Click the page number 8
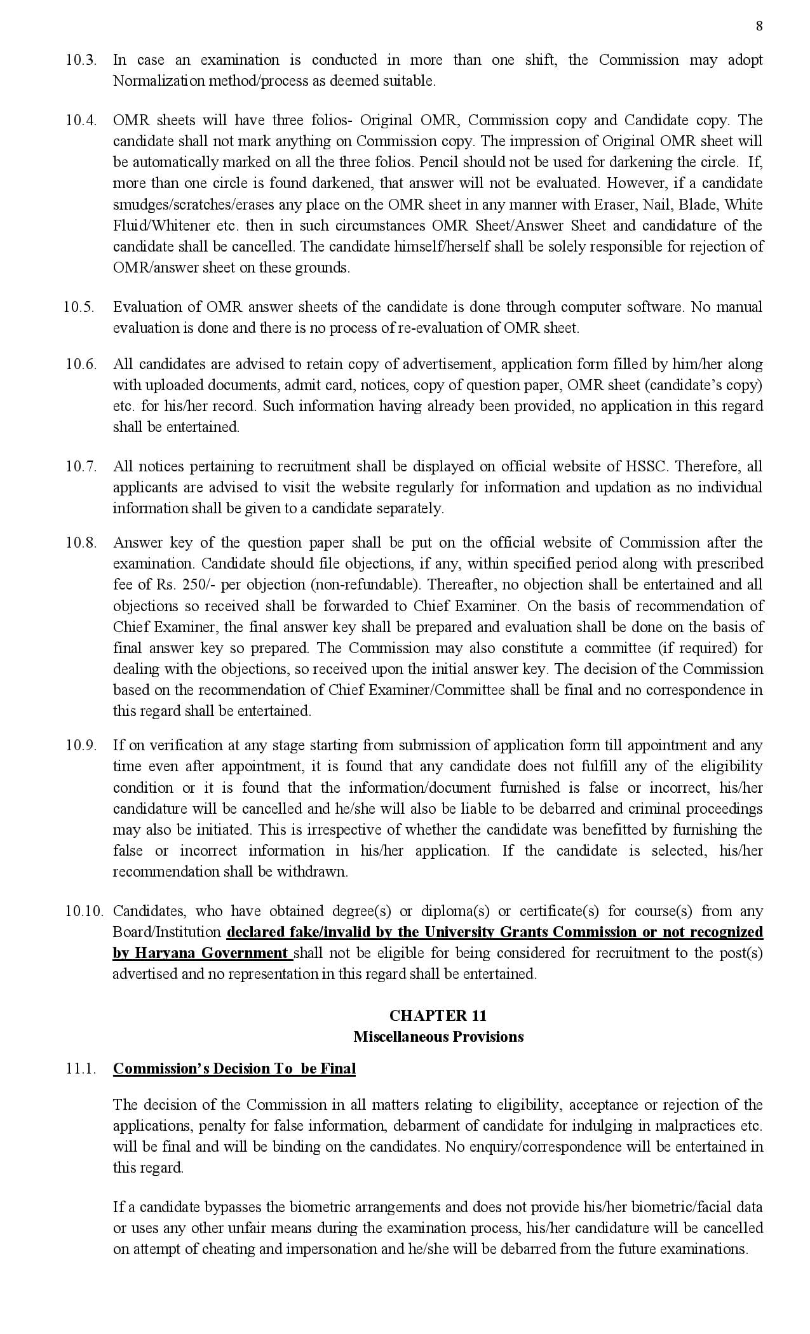(x=759, y=26)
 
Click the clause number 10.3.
(x=81, y=60)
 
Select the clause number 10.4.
(x=81, y=121)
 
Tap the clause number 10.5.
(x=79, y=307)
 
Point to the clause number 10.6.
(x=81, y=365)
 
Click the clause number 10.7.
(x=81, y=467)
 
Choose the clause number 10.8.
(x=81, y=543)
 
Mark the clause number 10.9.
(x=81, y=746)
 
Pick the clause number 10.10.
(x=84, y=912)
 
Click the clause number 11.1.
(x=81, y=1068)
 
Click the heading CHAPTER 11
(x=438, y=1015)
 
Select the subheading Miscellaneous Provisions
(x=438, y=1037)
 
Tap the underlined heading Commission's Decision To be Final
(x=234, y=1068)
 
